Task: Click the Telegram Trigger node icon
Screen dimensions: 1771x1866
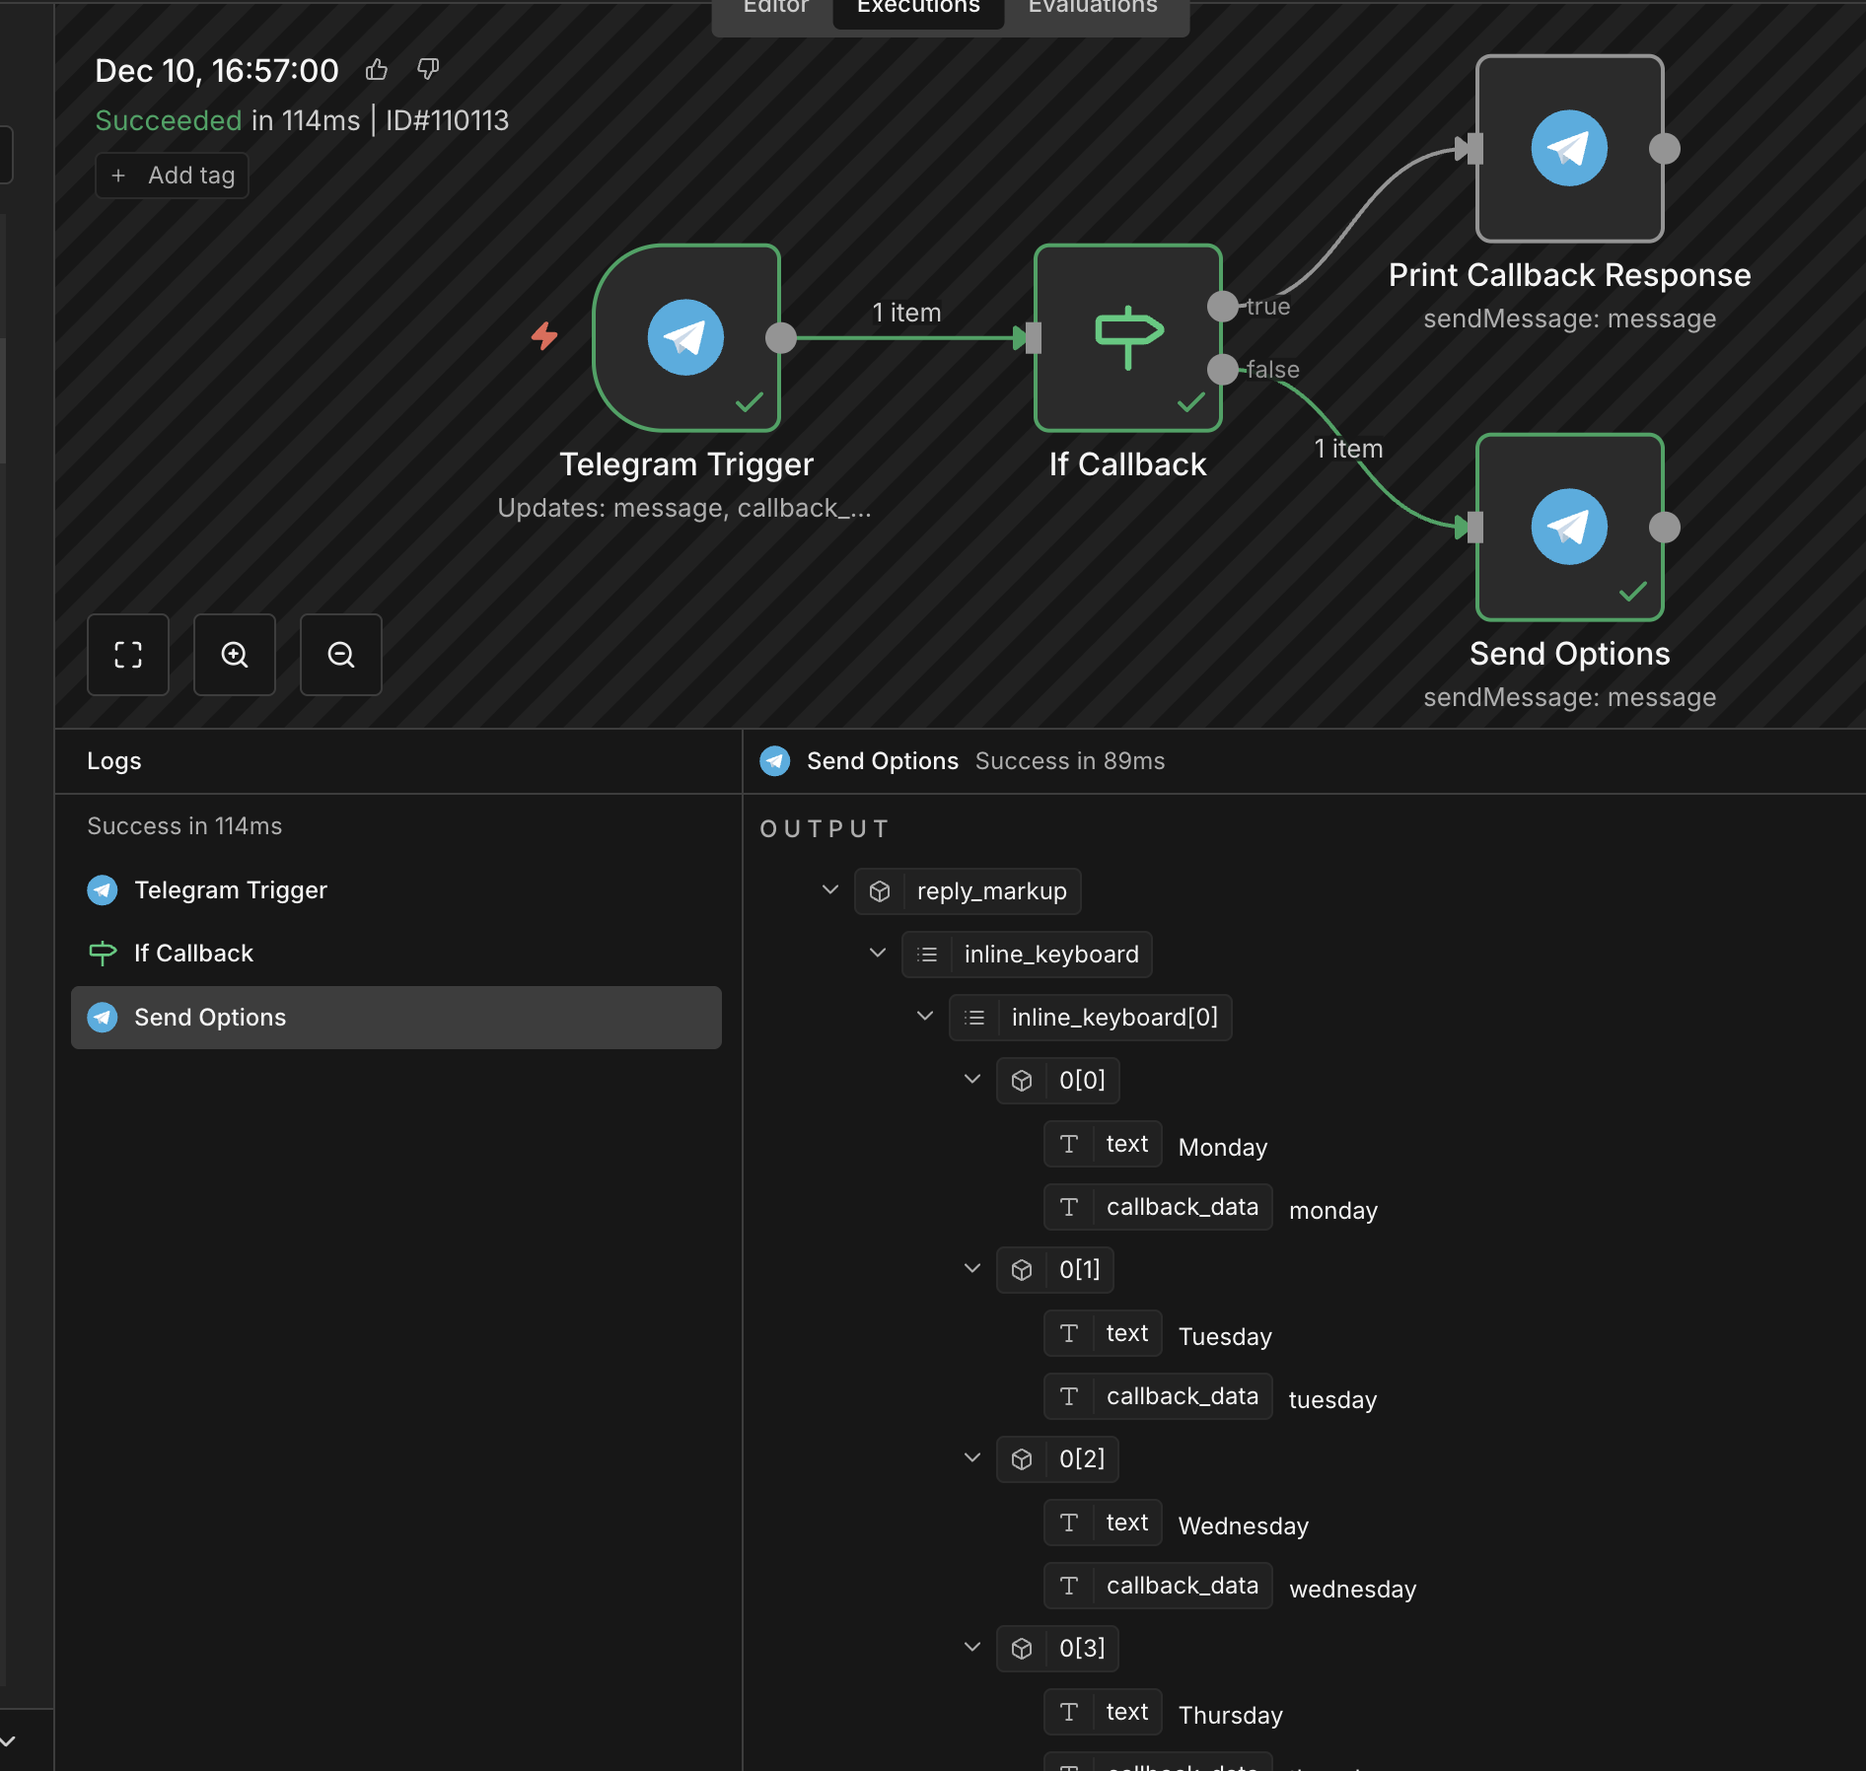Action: (685, 337)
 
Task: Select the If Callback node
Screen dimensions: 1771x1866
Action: (1127, 337)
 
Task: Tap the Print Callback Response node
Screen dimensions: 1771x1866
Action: (1569, 148)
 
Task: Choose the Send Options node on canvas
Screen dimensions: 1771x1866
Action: (1569, 527)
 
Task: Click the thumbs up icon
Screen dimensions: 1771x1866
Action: (377, 70)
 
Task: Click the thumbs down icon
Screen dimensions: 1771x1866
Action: (428, 70)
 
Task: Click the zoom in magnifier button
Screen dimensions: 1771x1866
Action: (235, 655)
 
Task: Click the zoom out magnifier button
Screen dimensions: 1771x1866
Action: (341, 655)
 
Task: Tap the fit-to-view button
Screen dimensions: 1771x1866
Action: (128, 655)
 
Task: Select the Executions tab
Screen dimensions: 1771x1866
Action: (918, 8)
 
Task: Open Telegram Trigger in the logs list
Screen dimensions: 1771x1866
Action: (231, 890)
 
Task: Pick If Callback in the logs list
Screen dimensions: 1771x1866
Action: (194, 954)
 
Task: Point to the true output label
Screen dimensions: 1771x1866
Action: (1268, 307)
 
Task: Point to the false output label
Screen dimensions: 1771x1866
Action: (1273, 370)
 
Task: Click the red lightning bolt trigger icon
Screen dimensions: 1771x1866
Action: (544, 336)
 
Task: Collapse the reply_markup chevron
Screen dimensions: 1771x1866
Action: (830, 890)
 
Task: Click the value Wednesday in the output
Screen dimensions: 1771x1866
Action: (1244, 1526)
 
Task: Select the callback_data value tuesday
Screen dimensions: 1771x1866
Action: (1332, 1400)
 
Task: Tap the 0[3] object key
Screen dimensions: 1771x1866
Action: (1082, 1649)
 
